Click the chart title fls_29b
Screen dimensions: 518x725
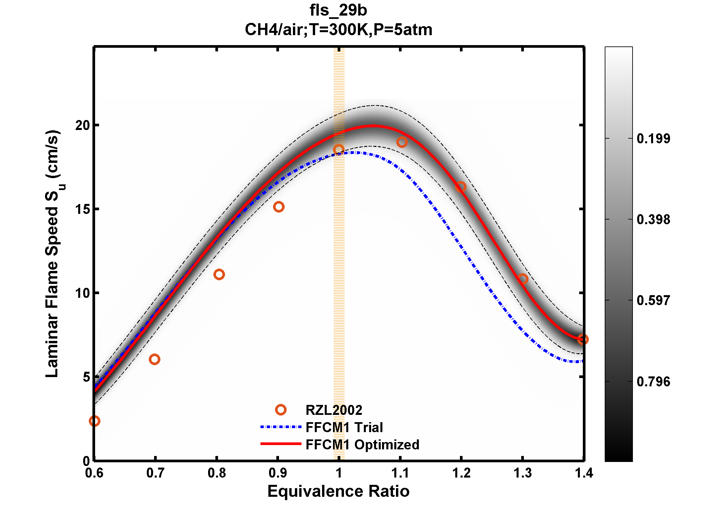[x=338, y=10]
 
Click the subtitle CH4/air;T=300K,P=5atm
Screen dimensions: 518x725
[x=338, y=30]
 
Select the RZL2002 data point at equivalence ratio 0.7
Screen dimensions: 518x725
[x=154, y=359]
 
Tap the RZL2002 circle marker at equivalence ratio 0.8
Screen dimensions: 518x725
[x=219, y=274]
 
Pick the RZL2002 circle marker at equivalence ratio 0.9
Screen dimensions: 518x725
[x=279, y=207]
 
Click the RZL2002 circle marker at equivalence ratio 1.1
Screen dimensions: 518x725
[x=402, y=142]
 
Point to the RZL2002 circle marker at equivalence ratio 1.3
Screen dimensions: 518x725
[x=523, y=279]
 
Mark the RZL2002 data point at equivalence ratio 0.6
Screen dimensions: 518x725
[x=94, y=421]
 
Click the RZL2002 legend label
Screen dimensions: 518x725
[x=334, y=410]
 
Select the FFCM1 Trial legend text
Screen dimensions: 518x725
[x=344, y=427]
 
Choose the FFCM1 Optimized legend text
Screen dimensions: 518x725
[x=362, y=445]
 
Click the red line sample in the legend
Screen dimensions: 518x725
[x=281, y=444]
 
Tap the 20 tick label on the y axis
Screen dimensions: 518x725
[x=82, y=125]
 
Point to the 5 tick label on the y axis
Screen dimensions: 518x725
[x=86, y=377]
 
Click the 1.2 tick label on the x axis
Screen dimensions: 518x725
[x=461, y=473]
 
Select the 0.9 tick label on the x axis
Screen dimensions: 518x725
[x=278, y=473]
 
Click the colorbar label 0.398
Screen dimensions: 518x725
[x=653, y=220]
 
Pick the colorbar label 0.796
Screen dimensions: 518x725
[x=653, y=382]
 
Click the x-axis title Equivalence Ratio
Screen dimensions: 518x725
[x=338, y=491]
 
